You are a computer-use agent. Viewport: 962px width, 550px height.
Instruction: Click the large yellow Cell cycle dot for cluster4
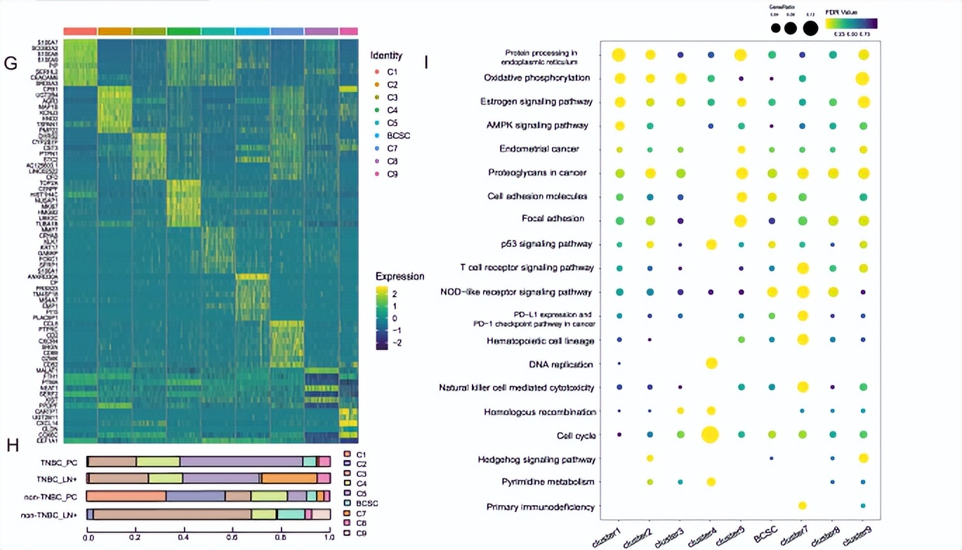pyautogui.click(x=710, y=435)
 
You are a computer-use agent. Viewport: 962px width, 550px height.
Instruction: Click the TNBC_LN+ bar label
pyautogui.click(x=60, y=478)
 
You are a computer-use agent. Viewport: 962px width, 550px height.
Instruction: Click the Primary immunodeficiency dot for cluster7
pyautogui.click(x=803, y=506)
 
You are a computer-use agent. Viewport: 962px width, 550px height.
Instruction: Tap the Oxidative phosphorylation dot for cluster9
pyautogui.click(x=862, y=79)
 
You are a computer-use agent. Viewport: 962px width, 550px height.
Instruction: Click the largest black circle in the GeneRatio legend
pyautogui.click(x=810, y=28)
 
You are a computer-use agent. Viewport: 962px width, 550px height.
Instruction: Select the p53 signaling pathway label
pyautogui.click(x=555, y=244)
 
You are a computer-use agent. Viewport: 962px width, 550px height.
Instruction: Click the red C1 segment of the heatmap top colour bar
pyautogui.click(x=80, y=31)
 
